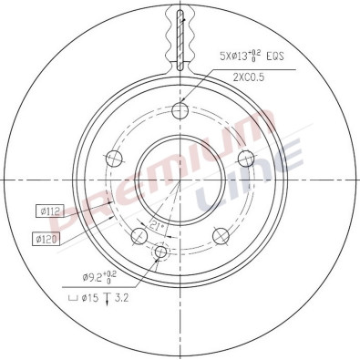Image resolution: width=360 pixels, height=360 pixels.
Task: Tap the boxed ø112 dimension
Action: tap(47, 211)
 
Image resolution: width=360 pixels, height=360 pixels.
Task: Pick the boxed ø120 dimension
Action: tap(47, 239)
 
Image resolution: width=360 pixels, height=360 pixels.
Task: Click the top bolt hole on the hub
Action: tap(180, 111)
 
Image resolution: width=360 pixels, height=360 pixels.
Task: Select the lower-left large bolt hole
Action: tap(139, 237)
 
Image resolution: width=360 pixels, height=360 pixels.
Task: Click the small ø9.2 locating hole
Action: tap(161, 252)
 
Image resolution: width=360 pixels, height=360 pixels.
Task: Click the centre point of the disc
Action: tap(180, 180)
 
